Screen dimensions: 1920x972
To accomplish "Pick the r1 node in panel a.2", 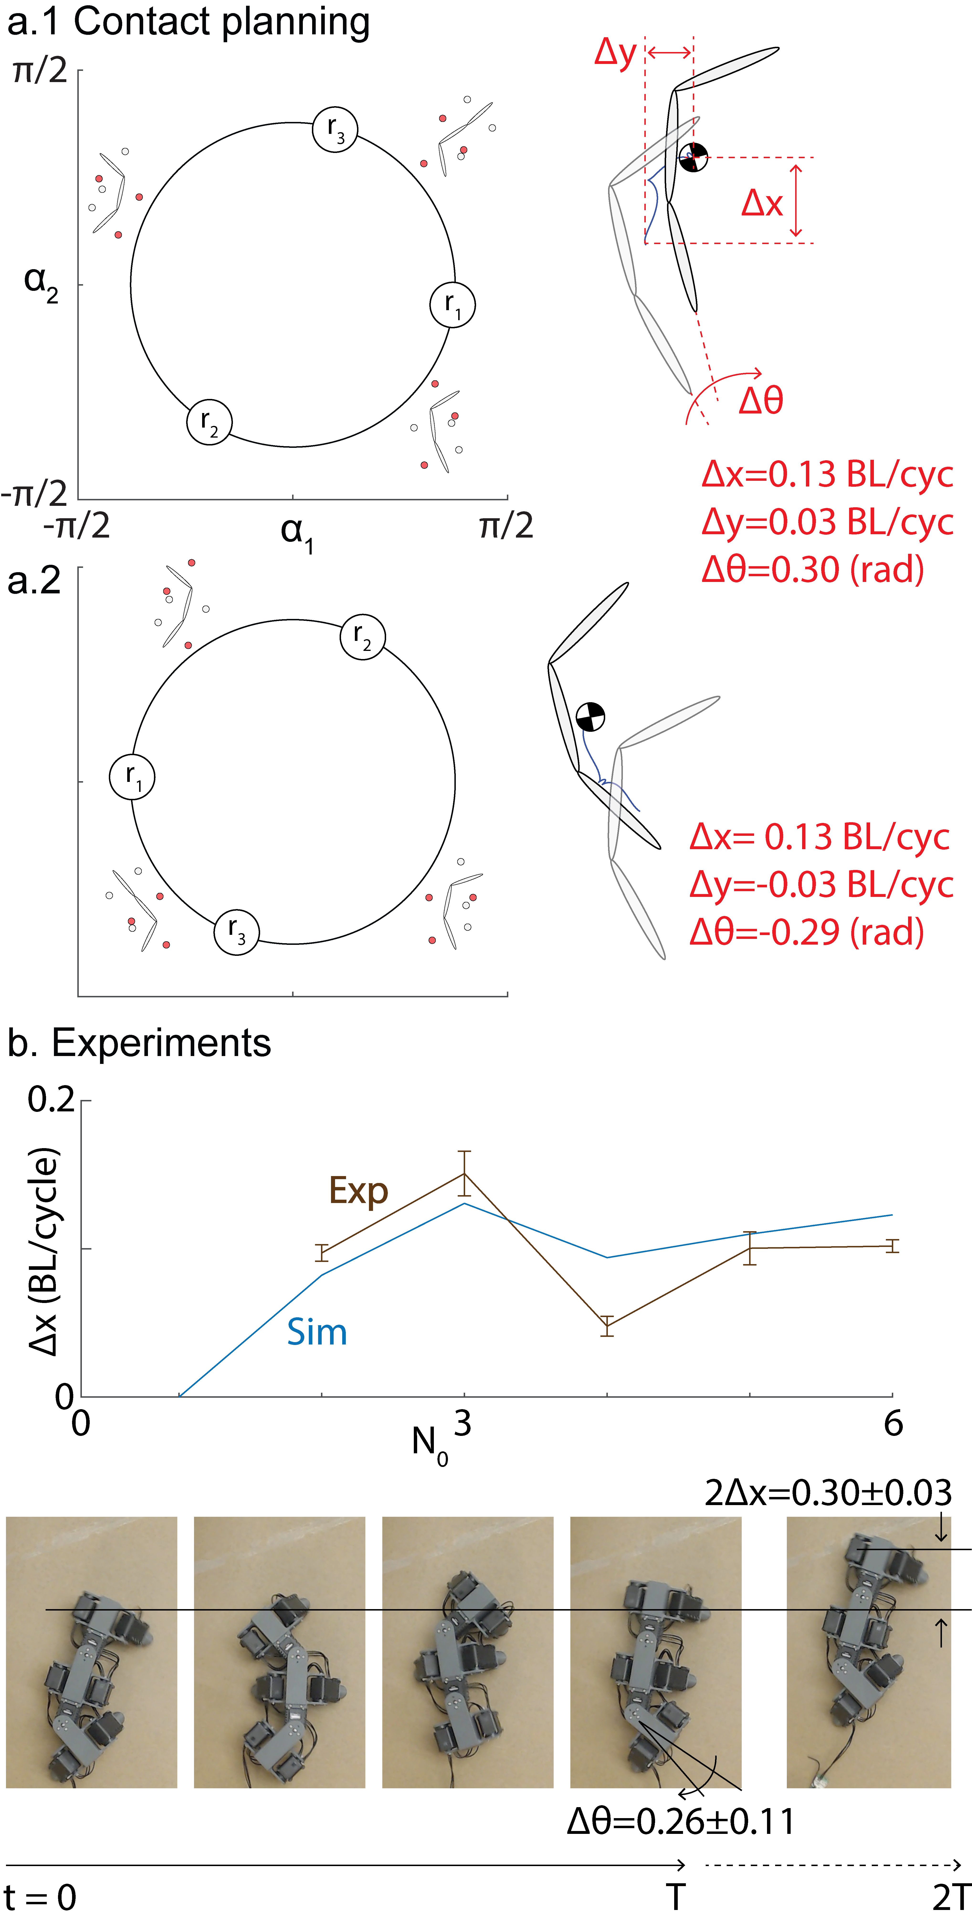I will [x=132, y=777].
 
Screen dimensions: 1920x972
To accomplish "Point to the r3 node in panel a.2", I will [x=236, y=932].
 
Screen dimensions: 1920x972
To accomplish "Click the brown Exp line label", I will [x=358, y=1190].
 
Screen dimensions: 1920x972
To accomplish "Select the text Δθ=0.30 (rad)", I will [x=813, y=570].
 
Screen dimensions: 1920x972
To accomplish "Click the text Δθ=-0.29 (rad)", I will [x=807, y=932].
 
